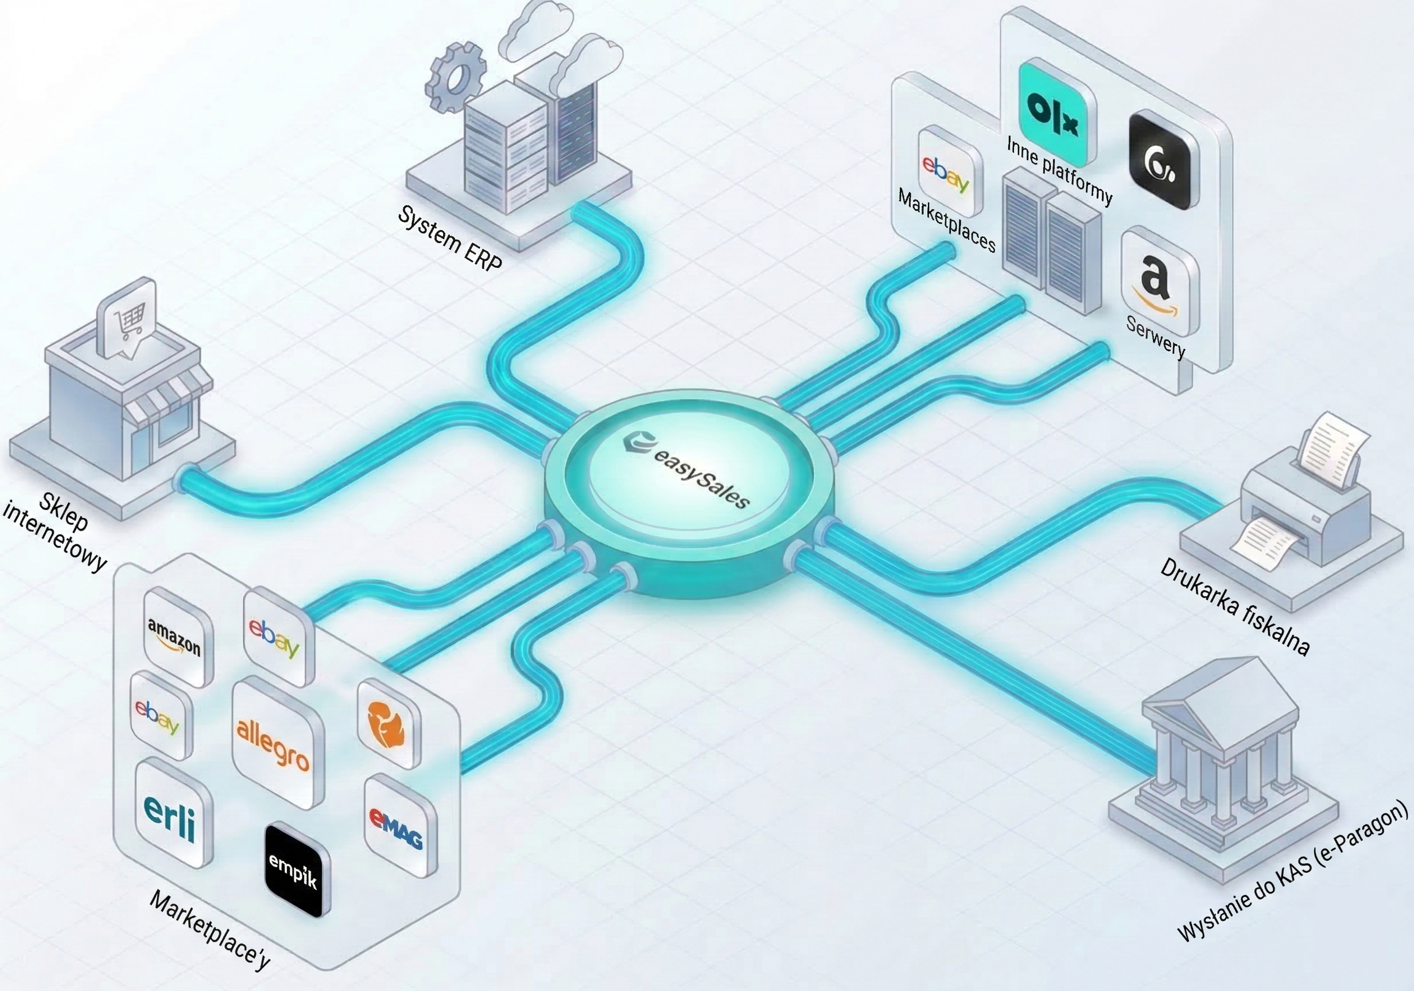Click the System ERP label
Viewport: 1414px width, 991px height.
(450, 237)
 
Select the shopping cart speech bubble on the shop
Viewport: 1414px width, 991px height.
(128, 320)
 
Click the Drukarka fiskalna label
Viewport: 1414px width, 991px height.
(1236, 606)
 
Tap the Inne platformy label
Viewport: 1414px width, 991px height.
(1060, 170)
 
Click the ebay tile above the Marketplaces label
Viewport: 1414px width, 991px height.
(947, 163)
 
